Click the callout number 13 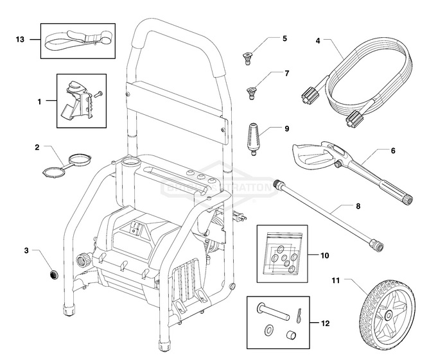19,40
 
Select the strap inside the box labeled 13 78,41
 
